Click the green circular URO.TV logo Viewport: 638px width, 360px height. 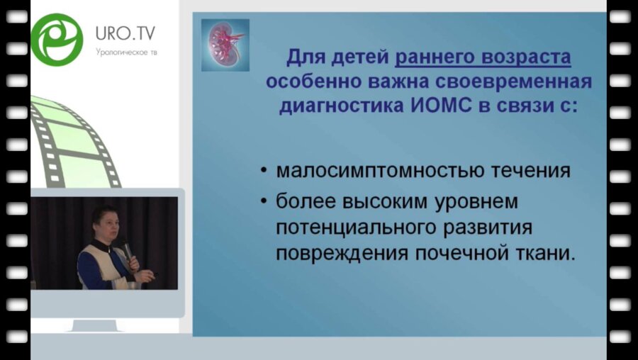[57, 38]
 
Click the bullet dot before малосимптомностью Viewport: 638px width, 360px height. [264, 171]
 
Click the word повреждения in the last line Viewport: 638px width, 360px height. [331, 254]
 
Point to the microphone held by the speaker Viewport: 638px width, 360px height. [126, 249]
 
